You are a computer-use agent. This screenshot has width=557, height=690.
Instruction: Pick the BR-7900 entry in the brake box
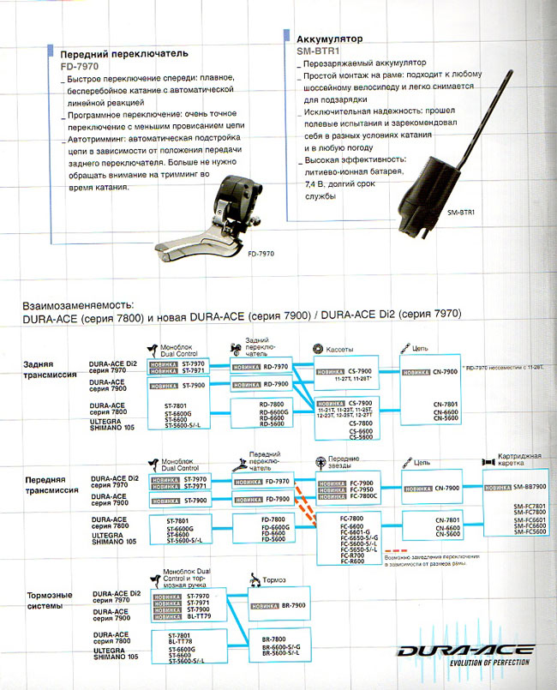[x=295, y=607]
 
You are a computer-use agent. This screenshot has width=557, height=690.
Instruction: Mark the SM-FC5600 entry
[x=530, y=532]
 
